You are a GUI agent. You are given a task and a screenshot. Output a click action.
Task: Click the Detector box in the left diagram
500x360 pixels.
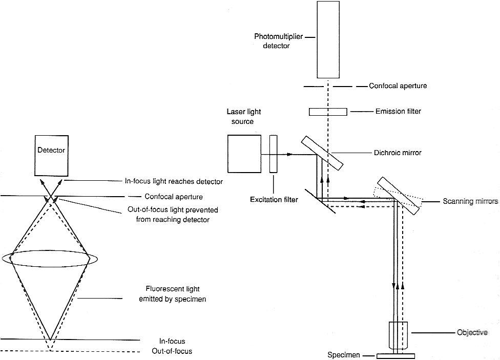click(x=51, y=156)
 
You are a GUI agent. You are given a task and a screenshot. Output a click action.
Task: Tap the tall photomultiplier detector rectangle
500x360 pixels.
click(x=328, y=39)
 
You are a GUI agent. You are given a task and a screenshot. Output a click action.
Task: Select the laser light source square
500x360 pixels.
click(x=244, y=154)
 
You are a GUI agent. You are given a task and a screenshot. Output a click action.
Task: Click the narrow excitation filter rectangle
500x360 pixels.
click(x=273, y=154)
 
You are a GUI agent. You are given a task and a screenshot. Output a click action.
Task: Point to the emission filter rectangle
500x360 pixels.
click(x=328, y=112)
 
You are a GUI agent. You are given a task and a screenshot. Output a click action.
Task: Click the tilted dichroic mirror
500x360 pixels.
click(x=322, y=153)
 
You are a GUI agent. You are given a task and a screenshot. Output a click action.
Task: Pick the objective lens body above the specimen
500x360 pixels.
click(x=398, y=335)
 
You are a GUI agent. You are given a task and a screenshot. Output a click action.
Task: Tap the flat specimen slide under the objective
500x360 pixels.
click(x=395, y=356)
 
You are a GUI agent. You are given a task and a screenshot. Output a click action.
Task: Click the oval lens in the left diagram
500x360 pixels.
click(x=50, y=258)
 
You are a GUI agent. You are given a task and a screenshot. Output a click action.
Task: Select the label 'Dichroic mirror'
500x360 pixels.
click(x=398, y=153)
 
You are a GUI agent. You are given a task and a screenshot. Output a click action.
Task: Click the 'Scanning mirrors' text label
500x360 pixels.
click(x=470, y=201)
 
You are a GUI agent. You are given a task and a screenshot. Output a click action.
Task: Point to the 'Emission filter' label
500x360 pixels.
click(x=398, y=111)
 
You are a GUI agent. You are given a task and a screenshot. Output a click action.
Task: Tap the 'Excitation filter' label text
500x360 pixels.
click(x=274, y=200)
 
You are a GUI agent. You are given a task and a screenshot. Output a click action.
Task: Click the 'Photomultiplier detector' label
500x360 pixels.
click(x=278, y=41)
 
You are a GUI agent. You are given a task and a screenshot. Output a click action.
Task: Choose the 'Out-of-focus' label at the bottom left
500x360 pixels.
click(x=172, y=351)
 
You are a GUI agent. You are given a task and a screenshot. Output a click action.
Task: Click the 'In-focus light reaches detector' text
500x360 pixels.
click(x=174, y=181)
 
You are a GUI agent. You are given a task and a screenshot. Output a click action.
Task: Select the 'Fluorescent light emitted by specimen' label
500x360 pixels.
click(x=173, y=294)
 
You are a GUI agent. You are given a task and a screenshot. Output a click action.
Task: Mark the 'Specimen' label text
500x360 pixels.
click(x=344, y=355)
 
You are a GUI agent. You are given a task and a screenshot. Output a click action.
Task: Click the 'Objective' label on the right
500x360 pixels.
click(x=472, y=332)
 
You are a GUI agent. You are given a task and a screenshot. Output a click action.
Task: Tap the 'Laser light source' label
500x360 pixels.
click(x=244, y=116)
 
